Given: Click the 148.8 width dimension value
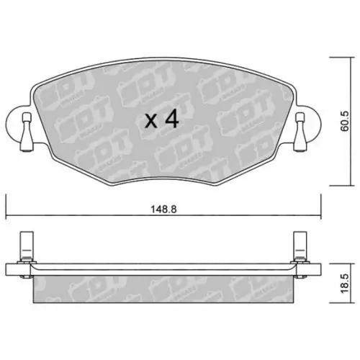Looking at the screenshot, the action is tap(163, 210).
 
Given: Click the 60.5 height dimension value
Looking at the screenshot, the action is tap(345, 121).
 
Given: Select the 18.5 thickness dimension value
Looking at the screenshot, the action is tap(345, 284).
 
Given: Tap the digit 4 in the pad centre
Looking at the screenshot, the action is tap(171, 118).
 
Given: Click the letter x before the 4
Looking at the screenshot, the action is tap(151, 121).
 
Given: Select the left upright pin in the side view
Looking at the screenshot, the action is tap(27, 244).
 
